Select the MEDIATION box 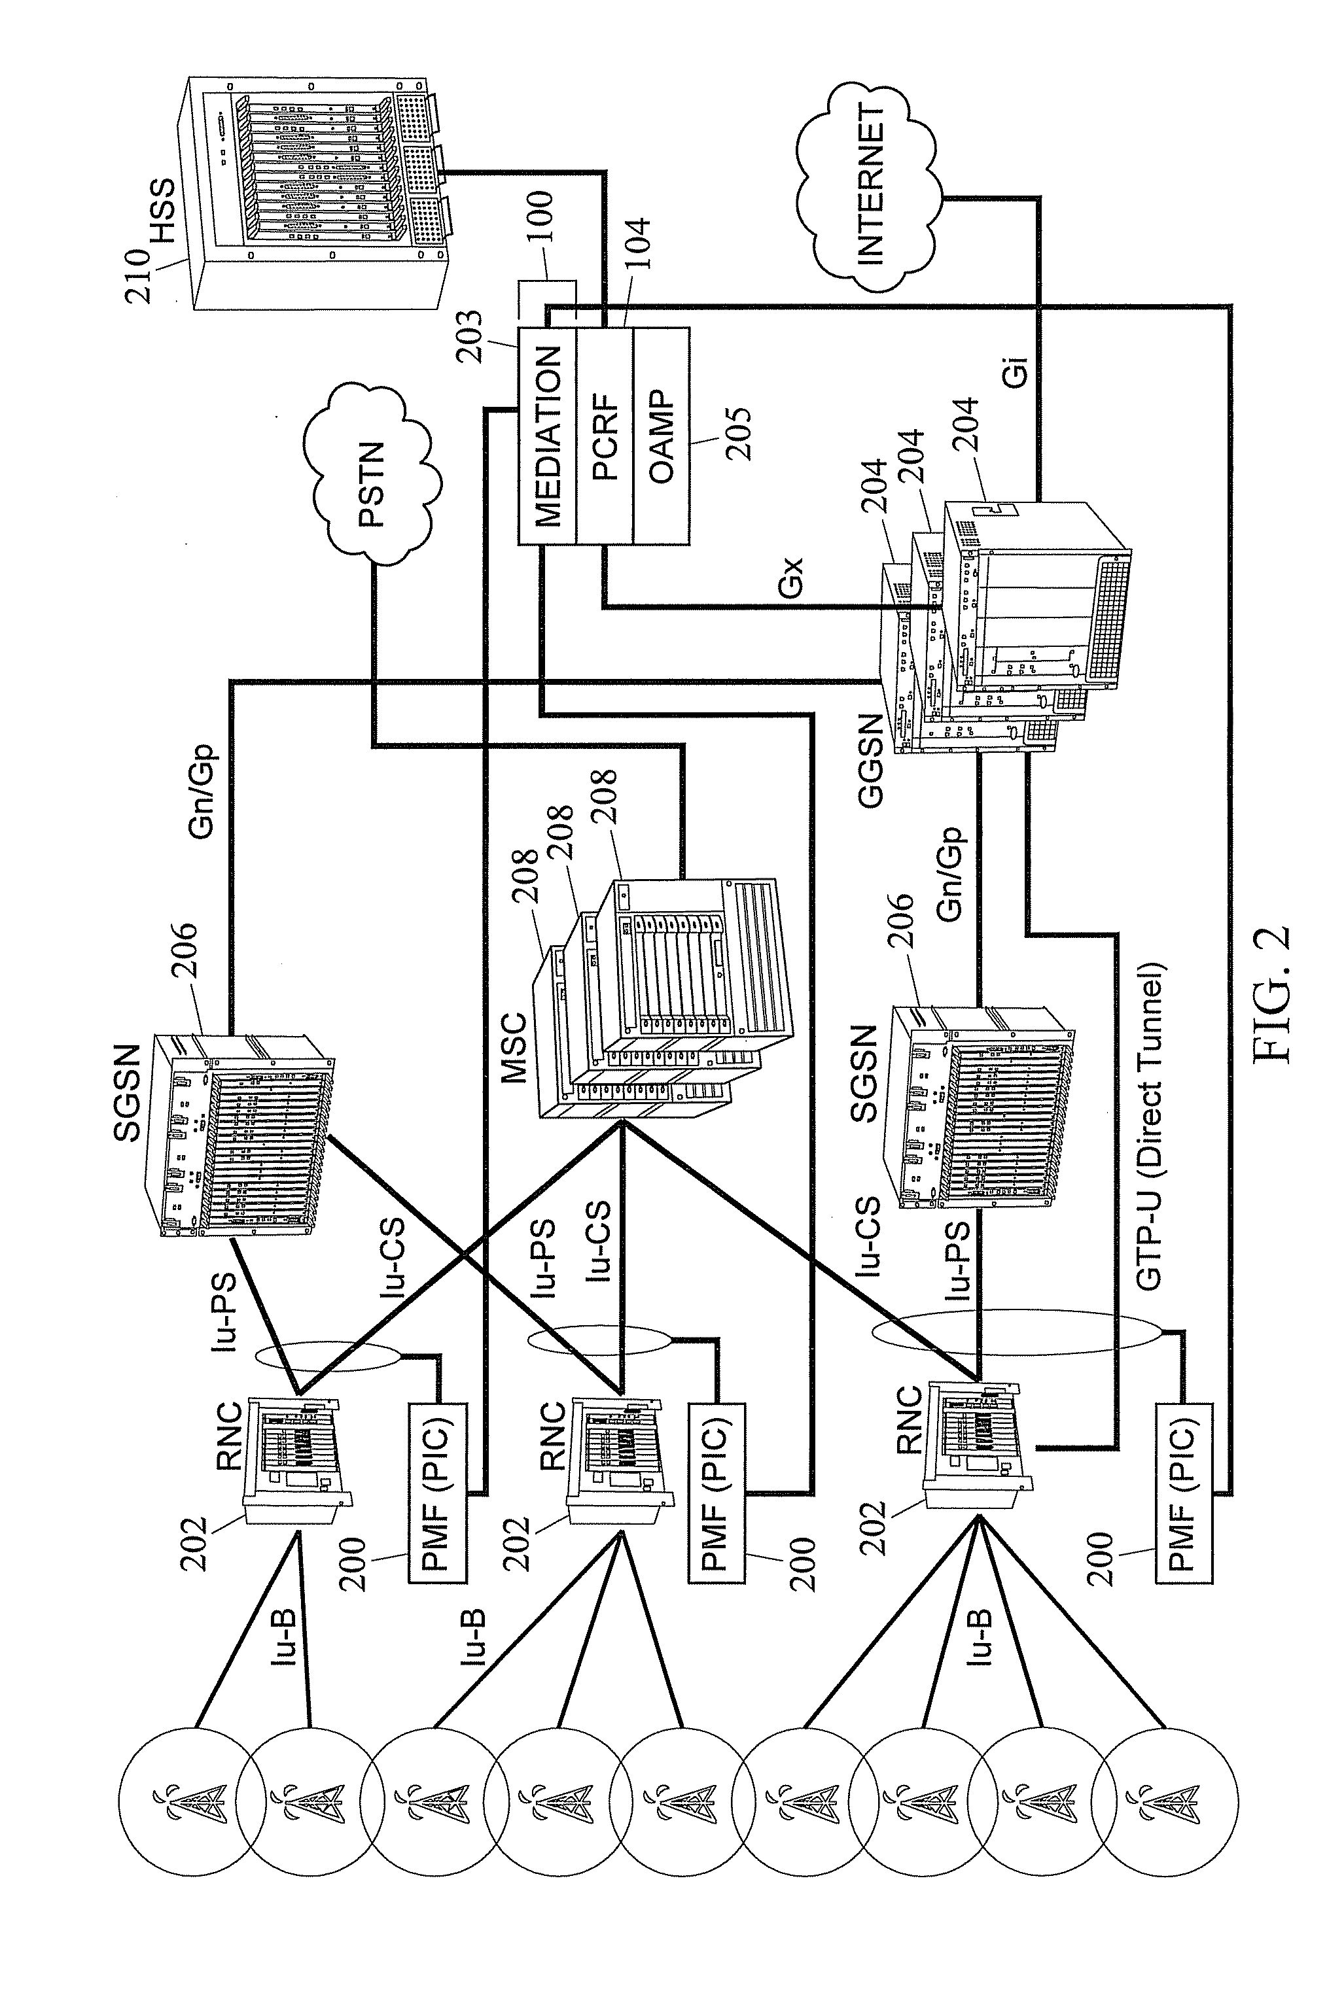tap(548, 436)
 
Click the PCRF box tap(604, 436)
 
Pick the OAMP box tap(661, 436)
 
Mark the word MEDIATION tap(548, 436)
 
